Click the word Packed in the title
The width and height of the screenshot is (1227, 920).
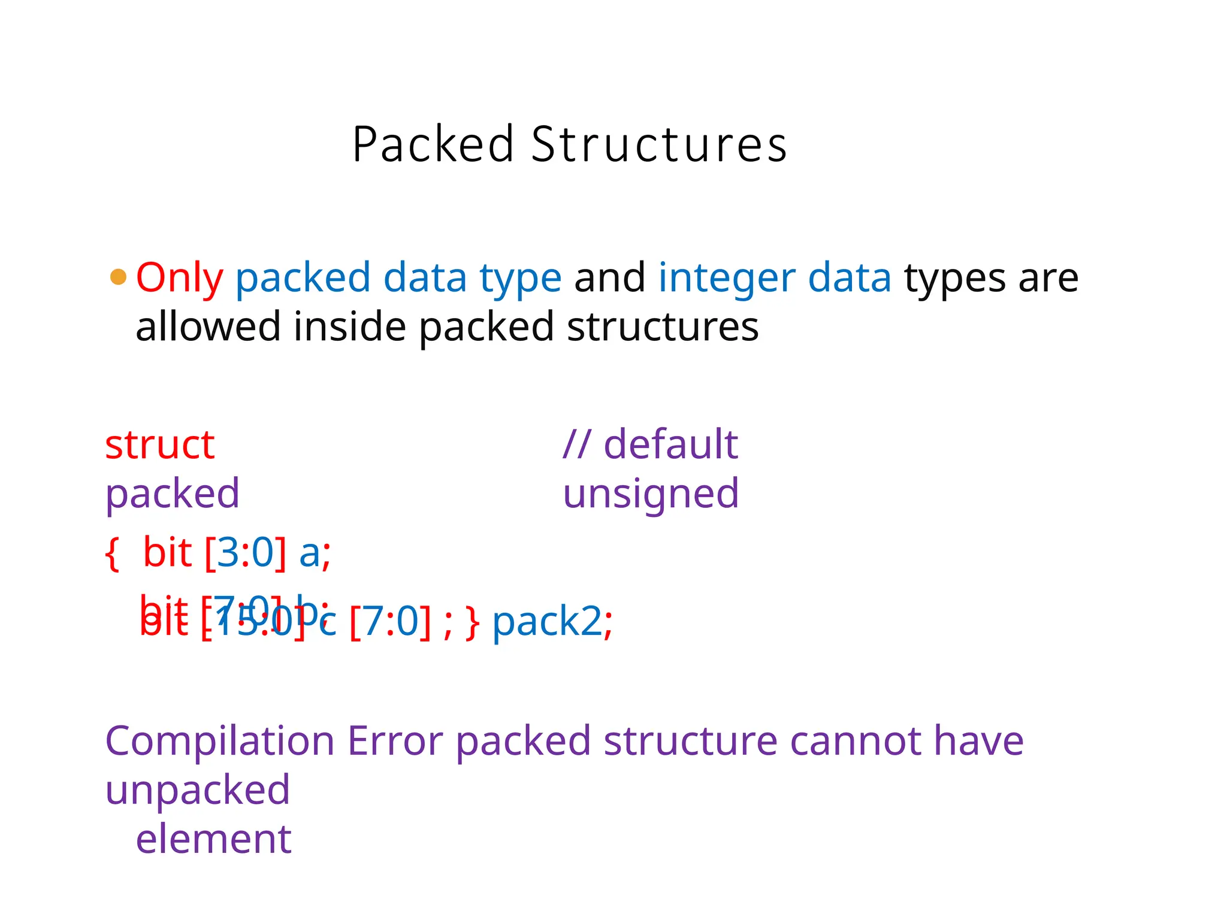click(433, 144)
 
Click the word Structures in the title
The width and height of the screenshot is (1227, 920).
click(658, 144)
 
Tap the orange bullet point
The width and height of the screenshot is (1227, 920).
click(119, 277)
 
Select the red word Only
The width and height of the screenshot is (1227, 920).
click(179, 279)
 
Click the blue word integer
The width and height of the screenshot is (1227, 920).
click(727, 279)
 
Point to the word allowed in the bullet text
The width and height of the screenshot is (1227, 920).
click(208, 327)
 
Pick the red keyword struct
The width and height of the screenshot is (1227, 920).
click(159, 445)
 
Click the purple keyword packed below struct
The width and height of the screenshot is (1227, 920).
click(172, 495)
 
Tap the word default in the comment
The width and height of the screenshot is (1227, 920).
click(670, 445)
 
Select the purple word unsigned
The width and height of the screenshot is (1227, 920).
click(651, 495)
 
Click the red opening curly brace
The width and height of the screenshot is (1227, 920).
click(111, 553)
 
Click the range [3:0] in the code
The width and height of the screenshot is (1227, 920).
click(245, 552)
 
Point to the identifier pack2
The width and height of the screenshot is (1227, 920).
click(546, 622)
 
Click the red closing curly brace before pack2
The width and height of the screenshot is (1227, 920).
click(473, 623)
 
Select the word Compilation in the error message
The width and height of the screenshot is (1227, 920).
click(219, 742)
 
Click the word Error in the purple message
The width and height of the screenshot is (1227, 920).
click(395, 742)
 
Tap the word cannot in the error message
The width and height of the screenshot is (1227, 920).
click(856, 742)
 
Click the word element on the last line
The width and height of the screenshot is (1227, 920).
click(213, 840)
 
